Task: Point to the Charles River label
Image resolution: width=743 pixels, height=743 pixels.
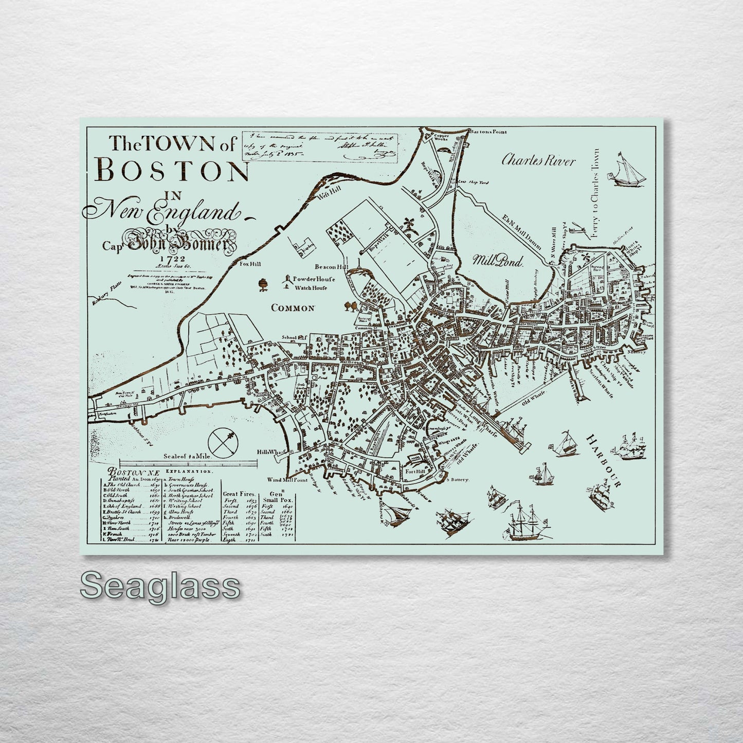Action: (538, 161)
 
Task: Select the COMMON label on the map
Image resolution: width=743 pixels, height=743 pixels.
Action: (293, 308)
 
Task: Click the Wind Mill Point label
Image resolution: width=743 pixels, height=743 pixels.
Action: (287, 480)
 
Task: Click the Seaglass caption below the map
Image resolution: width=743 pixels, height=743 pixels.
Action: (160, 585)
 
